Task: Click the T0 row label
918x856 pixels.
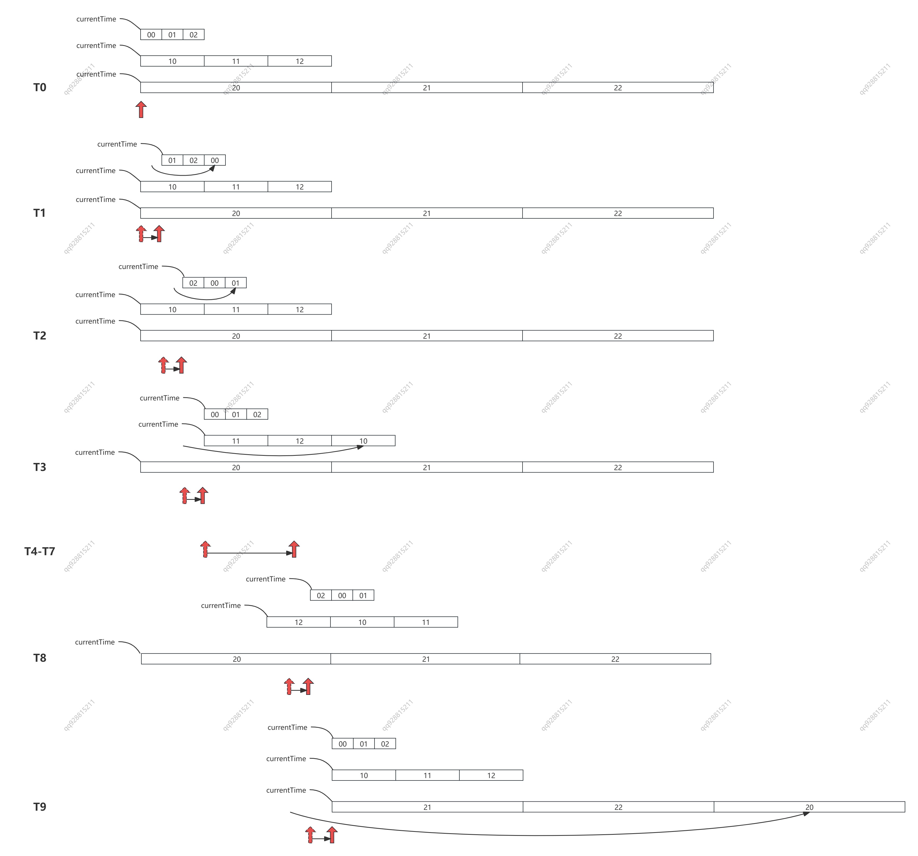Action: (x=40, y=87)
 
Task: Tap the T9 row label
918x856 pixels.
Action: (x=40, y=807)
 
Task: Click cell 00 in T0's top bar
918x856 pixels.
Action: (x=151, y=35)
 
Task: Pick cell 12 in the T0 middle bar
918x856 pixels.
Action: (x=300, y=61)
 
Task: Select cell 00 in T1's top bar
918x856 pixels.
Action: (x=215, y=160)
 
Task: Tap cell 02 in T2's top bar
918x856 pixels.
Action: (x=193, y=283)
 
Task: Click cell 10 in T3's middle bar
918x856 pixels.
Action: (x=363, y=441)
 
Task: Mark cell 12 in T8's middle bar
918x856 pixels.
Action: (x=299, y=622)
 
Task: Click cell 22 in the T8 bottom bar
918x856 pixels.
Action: (x=615, y=659)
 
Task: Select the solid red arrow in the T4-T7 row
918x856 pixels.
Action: (x=294, y=549)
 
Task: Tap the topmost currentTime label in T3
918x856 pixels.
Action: (x=159, y=398)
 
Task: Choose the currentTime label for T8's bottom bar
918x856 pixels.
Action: (x=95, y=642)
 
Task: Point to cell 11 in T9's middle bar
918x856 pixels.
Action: (x=428, y=775)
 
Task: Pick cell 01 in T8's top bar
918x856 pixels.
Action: (x=363, y=595)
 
